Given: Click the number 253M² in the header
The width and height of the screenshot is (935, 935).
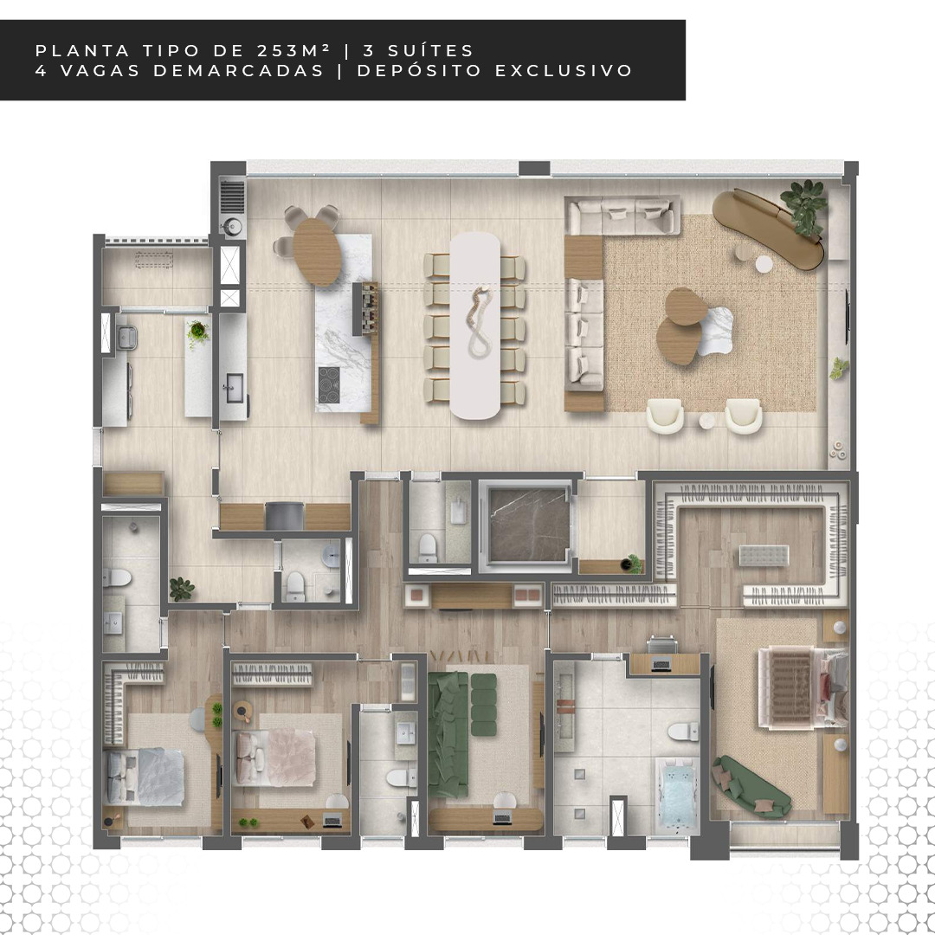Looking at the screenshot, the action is (294, 51).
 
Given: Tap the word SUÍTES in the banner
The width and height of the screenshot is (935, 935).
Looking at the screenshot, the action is (430, 51).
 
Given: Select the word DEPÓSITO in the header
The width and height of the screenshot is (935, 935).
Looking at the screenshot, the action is (419, 70).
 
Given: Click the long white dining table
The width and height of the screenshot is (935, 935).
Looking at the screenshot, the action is (475, 326).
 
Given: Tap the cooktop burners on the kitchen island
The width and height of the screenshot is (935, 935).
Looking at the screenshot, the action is (329, 385).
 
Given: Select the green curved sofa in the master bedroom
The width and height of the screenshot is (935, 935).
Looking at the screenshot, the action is (752, 786).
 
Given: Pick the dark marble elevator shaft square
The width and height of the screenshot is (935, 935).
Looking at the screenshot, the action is (528, 524).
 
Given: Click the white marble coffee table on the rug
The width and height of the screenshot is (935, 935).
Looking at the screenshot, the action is (715, 332).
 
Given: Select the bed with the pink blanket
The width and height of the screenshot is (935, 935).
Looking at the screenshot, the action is (275, 758).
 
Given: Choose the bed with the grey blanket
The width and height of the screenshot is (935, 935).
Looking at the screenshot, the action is (145, 777).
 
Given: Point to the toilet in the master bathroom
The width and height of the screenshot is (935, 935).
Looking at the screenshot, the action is (683, 731).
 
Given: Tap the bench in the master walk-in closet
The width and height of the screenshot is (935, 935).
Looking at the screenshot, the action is (764, 555).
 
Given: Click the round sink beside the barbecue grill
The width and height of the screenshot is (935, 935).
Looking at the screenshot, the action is (231, 226).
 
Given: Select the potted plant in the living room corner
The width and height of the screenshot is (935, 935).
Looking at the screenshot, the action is (804, 206).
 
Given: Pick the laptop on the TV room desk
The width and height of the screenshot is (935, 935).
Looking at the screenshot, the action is (502, 819).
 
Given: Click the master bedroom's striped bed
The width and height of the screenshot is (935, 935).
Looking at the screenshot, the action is (803, 687).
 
